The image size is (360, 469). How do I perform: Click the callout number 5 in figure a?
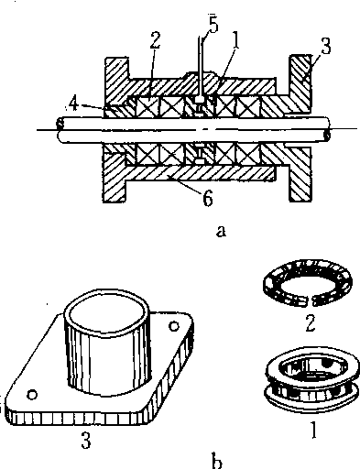click(213, 25)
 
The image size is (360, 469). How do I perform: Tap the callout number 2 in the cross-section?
click(156, 39)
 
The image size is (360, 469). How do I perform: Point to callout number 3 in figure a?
click(326, 46)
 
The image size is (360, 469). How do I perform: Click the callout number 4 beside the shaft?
click(74, 104)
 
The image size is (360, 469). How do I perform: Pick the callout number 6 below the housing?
click(207, 199)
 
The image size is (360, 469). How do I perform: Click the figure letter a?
click(221, 231)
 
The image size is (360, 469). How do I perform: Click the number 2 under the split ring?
click(311, 323)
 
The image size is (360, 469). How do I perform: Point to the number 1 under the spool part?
click(313, 430)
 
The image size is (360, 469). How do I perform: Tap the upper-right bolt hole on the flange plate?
click(174, 326)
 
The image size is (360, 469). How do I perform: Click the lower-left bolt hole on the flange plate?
click(32, 395)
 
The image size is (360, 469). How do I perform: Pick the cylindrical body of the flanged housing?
click(107, 342)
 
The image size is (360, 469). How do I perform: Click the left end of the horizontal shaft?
click(60, 129)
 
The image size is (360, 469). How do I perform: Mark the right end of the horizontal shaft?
click(327, 129)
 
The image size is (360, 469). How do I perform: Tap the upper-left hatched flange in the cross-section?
click(116, 80)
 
